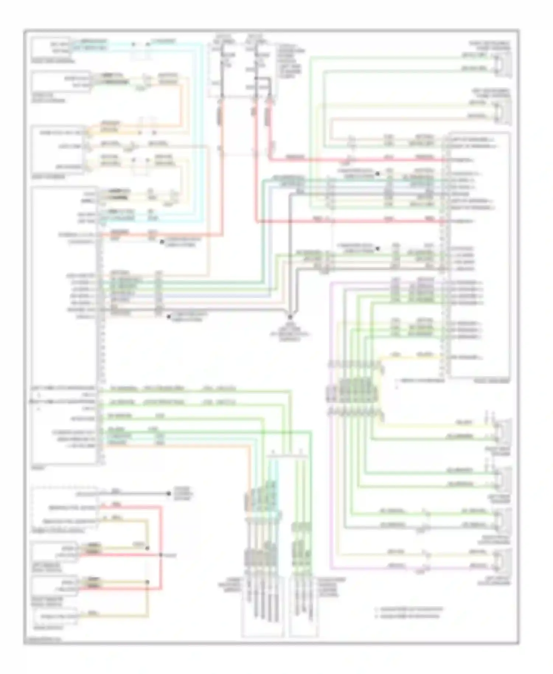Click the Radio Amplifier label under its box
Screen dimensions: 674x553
[492, 381]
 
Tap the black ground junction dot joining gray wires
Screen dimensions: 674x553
[290, 317]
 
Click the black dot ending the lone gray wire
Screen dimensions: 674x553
[169, 493]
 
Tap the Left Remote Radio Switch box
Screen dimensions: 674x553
[55, 552]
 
